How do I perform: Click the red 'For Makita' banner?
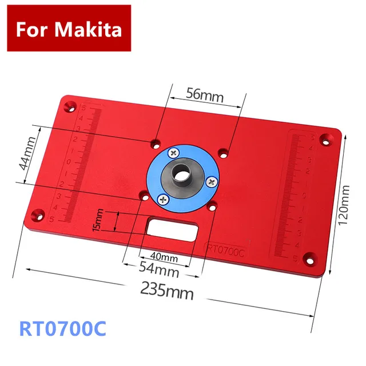69,28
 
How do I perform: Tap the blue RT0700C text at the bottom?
63,330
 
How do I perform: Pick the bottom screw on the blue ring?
163,199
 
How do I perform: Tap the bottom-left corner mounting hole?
40,216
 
